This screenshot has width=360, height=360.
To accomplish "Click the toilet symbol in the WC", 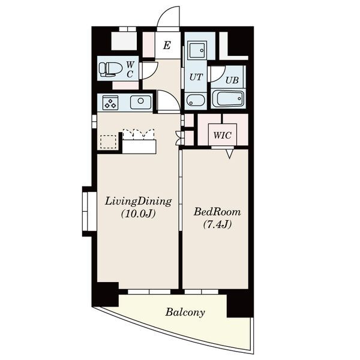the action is [x=110, y=69].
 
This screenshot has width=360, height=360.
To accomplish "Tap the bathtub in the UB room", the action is [x=228, y=99].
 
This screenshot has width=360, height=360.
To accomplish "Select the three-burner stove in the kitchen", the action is [x=110, y=103].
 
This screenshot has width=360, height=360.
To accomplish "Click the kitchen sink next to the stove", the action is [x=141, y=103].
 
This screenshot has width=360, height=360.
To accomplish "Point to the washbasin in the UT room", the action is [x=196, y=101].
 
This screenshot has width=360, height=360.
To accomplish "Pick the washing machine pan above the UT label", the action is [x=197, y=50].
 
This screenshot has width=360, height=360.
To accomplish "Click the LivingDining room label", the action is [x=139, y=202].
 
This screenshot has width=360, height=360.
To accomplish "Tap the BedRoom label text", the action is [x=217, y=212].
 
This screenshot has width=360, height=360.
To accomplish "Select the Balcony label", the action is [x=185, y=313].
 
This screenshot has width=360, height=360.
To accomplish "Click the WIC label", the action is [x=222, y=135].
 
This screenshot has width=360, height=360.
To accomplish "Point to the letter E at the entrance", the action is [x=167, y=45].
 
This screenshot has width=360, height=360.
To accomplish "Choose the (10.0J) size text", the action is [x=139, y=214].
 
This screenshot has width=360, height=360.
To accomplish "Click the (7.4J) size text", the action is [x=217, y=224].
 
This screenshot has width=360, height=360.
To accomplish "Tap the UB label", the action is [x=232, y=80].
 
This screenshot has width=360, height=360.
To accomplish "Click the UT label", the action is [x=196, y=77].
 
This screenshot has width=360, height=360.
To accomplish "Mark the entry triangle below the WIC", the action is [x=230, y=154].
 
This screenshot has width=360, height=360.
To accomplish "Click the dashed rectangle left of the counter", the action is [x=109, y=142].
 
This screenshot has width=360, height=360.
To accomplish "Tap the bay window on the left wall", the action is [x=89, y=211].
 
